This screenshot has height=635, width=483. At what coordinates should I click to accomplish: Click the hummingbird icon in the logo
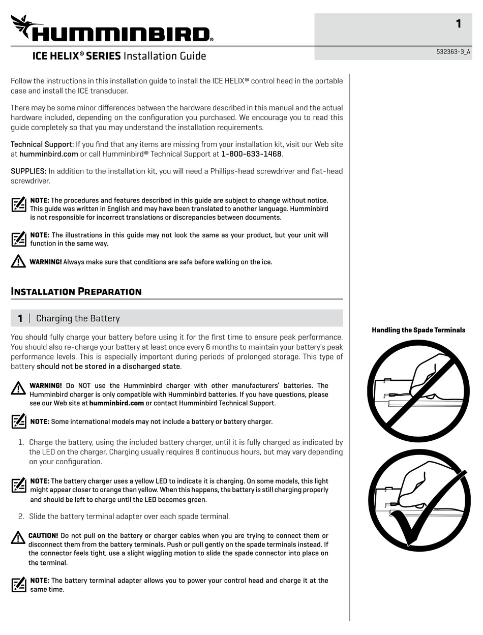coord(22,25)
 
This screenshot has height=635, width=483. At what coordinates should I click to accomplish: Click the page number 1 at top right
coord(458,23)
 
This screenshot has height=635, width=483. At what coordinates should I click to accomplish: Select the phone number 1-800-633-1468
coord(251,154)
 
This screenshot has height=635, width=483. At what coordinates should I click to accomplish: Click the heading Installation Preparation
coord(76,291)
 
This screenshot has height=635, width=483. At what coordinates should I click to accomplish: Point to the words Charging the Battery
coord(78,318)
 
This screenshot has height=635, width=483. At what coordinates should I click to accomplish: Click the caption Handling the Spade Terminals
coord(418,330)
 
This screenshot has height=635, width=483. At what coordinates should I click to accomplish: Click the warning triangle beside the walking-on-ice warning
coord(18,261)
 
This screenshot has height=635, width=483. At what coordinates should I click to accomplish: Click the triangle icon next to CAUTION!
coord(18,537)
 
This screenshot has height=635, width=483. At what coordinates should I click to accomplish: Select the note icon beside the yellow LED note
coord(19,485)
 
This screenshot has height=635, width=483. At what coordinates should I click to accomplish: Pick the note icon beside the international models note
coord(19,421)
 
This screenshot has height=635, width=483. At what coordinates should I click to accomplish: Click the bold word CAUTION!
coord(44,535)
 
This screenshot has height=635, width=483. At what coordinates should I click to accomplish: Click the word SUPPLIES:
coord(28,171)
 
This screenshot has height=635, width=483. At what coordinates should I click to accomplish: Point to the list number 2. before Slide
coord(21,516)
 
